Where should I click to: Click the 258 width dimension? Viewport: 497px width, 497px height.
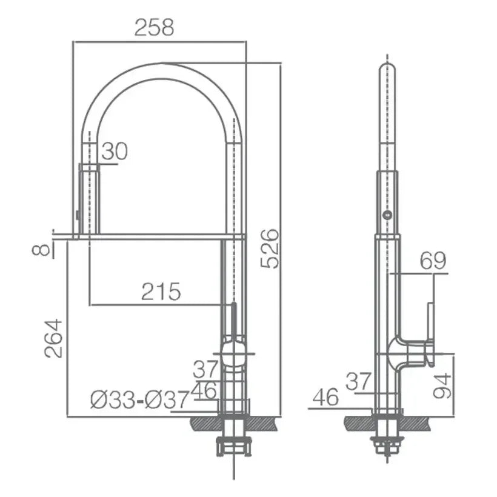pyautogui.click(x=155, y=27)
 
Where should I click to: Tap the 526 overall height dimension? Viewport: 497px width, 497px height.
pyautogui.click(x=270, y=248)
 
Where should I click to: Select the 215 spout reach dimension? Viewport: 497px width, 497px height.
pyautogui.click(x=161, y=292)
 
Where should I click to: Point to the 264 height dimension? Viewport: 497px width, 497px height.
pyautogui.click(x=53, y=339)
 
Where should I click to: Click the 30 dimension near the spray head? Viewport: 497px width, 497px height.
pyautogui.click(x=115, y=151)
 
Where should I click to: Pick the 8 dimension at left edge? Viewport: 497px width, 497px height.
pyautogui.click(x=42, y=250)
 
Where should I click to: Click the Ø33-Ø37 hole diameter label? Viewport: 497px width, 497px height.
pyautogui.click(x=140, y=400)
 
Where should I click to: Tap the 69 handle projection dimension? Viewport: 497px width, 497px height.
pyautogui.click(x=433, y=261)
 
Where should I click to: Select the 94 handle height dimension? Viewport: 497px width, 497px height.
pyautogui.click(x=442, y=385)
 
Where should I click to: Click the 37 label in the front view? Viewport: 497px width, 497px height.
pyautogui.click(x=206, y=369)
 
